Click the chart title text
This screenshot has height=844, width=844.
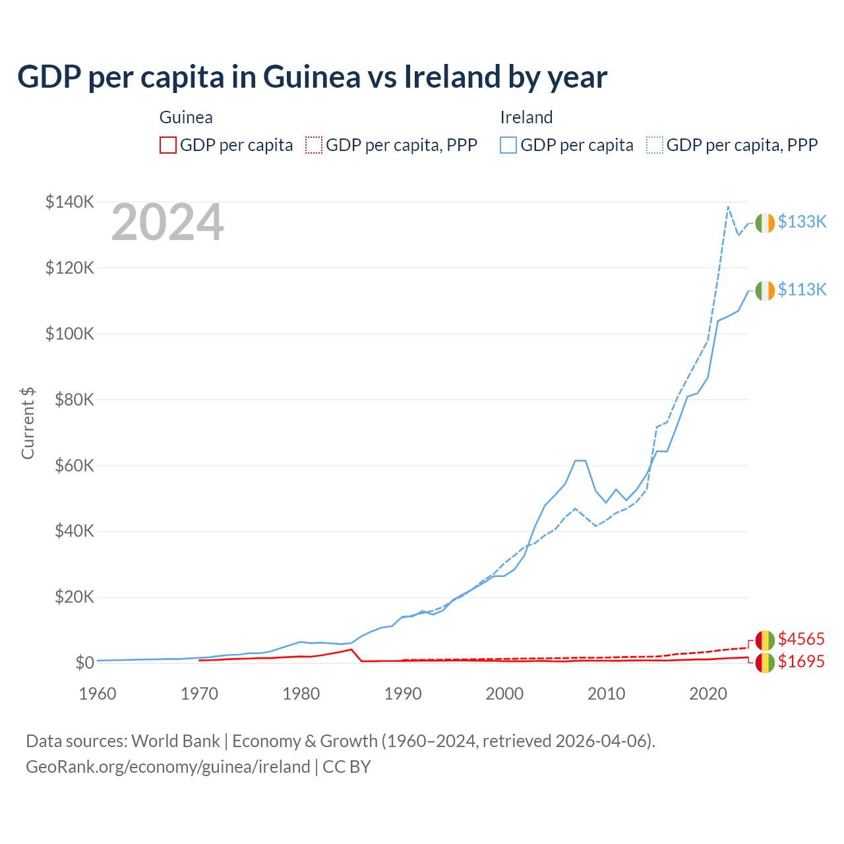point(312,77)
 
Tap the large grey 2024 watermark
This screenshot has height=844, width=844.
point(167,223)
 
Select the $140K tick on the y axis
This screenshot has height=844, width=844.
point(69,202)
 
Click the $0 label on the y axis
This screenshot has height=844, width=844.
point(84,663)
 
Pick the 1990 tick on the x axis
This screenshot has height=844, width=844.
point(403,694)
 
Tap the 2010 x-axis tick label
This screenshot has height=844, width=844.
point(606,694)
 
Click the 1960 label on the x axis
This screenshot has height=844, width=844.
point(98,694)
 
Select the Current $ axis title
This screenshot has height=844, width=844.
point(28,423)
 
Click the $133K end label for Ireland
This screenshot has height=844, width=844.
point(802,222)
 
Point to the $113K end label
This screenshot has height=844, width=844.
point(802,290)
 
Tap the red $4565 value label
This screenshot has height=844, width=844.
point(801,640)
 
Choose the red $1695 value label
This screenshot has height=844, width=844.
point(801,662)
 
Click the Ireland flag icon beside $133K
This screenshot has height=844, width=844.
point(765,224)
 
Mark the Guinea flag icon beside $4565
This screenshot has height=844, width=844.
point(765,640)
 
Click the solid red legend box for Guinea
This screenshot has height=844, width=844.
point(168,145)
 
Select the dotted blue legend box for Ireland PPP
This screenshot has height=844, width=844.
point(655,145)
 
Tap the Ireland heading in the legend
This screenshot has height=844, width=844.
point(526,117)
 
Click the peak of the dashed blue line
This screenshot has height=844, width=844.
point(728,207)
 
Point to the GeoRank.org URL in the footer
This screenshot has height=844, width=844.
point(168,767)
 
